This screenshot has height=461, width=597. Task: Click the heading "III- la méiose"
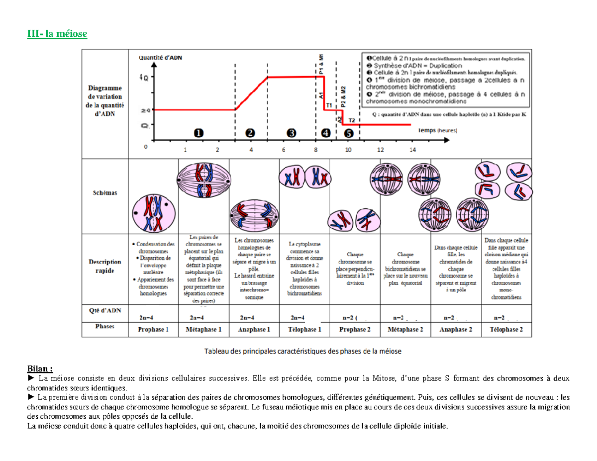(57, 34)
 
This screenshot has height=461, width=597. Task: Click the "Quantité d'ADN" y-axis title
(160, 57)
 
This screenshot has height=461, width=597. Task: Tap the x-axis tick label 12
(381, 150)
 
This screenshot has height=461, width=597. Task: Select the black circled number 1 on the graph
(199, 133)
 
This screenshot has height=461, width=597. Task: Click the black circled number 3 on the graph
(292, 133)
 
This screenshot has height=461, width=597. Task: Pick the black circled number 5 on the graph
(349, 133)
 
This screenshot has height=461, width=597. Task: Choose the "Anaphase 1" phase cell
(254, 329)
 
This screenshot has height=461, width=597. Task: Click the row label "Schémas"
(105, 193)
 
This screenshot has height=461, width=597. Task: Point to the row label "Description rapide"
(105, 266)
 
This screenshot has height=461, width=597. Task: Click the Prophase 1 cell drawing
(154, 212)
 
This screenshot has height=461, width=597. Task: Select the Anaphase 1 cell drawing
(254, 214)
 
